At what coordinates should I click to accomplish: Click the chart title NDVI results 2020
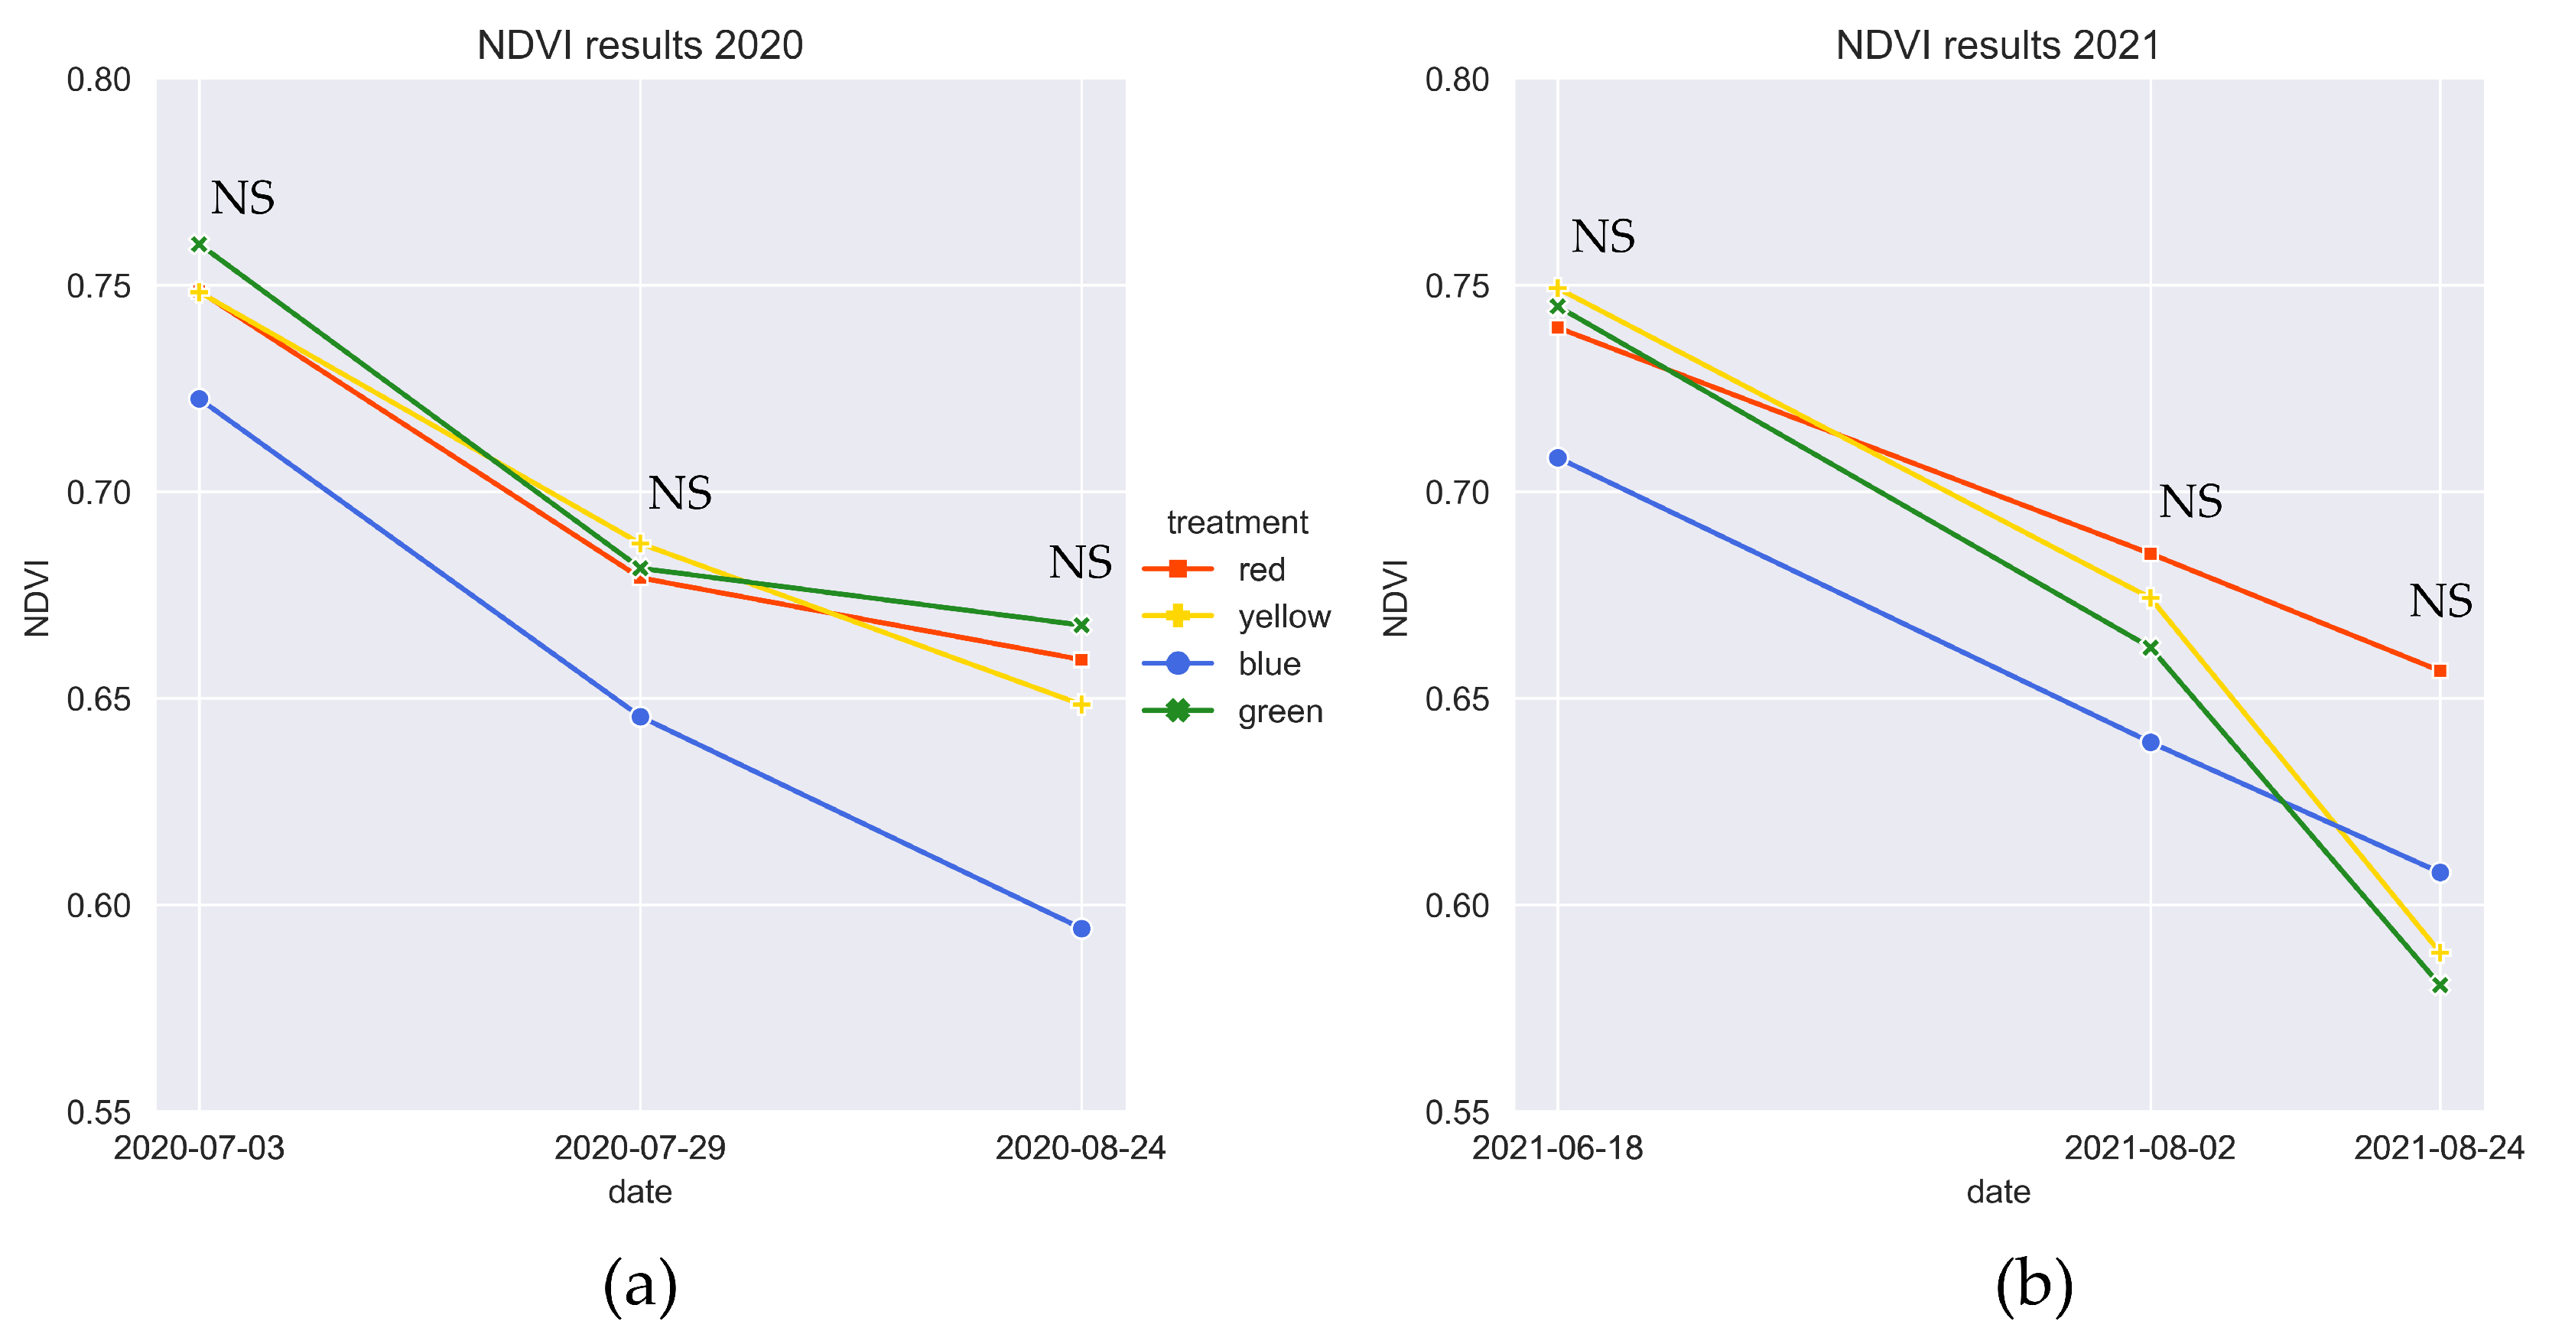[639, 46]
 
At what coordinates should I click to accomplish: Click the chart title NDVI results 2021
[1997, 46]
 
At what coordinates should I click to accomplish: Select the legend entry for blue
[1269, 664]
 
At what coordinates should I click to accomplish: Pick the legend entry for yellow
[1283, 617]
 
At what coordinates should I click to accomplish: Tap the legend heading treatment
[1237, 522]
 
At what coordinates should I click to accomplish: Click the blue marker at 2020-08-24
[1081, 929]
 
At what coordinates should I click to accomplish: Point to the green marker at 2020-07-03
[199, 245]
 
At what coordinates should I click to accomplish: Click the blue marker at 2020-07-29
[640, 717]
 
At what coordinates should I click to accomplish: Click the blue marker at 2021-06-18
[1558, 458]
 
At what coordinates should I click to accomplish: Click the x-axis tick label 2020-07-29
[640, 1148]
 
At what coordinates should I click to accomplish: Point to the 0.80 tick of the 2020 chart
[99, 80]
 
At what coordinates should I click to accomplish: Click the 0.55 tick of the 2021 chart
[1457, 1112]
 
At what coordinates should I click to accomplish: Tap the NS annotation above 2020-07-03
[242, 199]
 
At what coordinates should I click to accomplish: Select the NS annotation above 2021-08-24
[2440, 602]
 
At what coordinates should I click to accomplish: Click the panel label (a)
[639, 1286]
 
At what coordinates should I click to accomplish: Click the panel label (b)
[2034, 1286]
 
